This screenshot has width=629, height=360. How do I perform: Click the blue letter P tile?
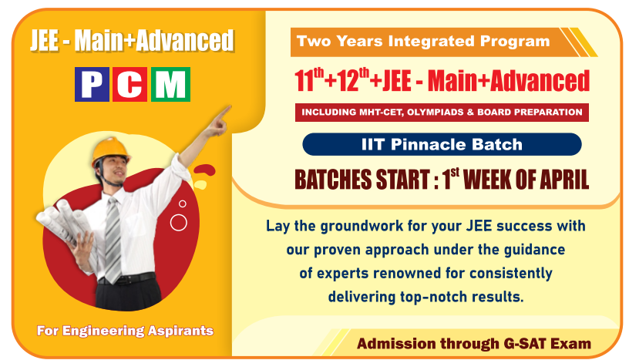tap(92, 84)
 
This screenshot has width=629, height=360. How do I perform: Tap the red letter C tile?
tap(130, 84)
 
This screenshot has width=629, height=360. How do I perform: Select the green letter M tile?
tap(170, 84)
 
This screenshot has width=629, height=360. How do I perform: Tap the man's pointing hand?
tap(219, 121)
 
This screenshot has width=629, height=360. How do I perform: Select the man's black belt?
tap(126, 278)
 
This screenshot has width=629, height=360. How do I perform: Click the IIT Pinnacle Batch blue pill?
tap(442, 144)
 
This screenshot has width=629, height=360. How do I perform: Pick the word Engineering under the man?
tap(103, 331)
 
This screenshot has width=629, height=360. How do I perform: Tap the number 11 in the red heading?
tap(304, 80)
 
